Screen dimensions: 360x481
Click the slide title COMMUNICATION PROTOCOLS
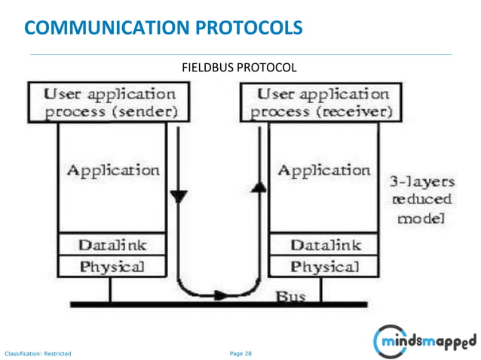pos(164,28)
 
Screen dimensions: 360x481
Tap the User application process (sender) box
pos(110,104)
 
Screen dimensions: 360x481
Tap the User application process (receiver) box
pos(320,104)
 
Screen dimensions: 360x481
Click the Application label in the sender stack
pos(113,170)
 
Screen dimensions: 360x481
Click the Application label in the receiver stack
pos(324,170)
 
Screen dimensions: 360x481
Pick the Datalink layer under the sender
pos(113,245)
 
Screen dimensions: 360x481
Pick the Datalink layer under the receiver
pos(324,245)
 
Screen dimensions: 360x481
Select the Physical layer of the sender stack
pos(113,267)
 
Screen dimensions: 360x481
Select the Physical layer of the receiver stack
pos(324,267)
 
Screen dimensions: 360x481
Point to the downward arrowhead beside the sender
pos(178,197)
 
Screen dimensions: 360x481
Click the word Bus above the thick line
pos(290,297)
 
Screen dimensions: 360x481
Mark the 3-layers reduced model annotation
pos(421,200)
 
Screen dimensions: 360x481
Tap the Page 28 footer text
pos(240,352)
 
